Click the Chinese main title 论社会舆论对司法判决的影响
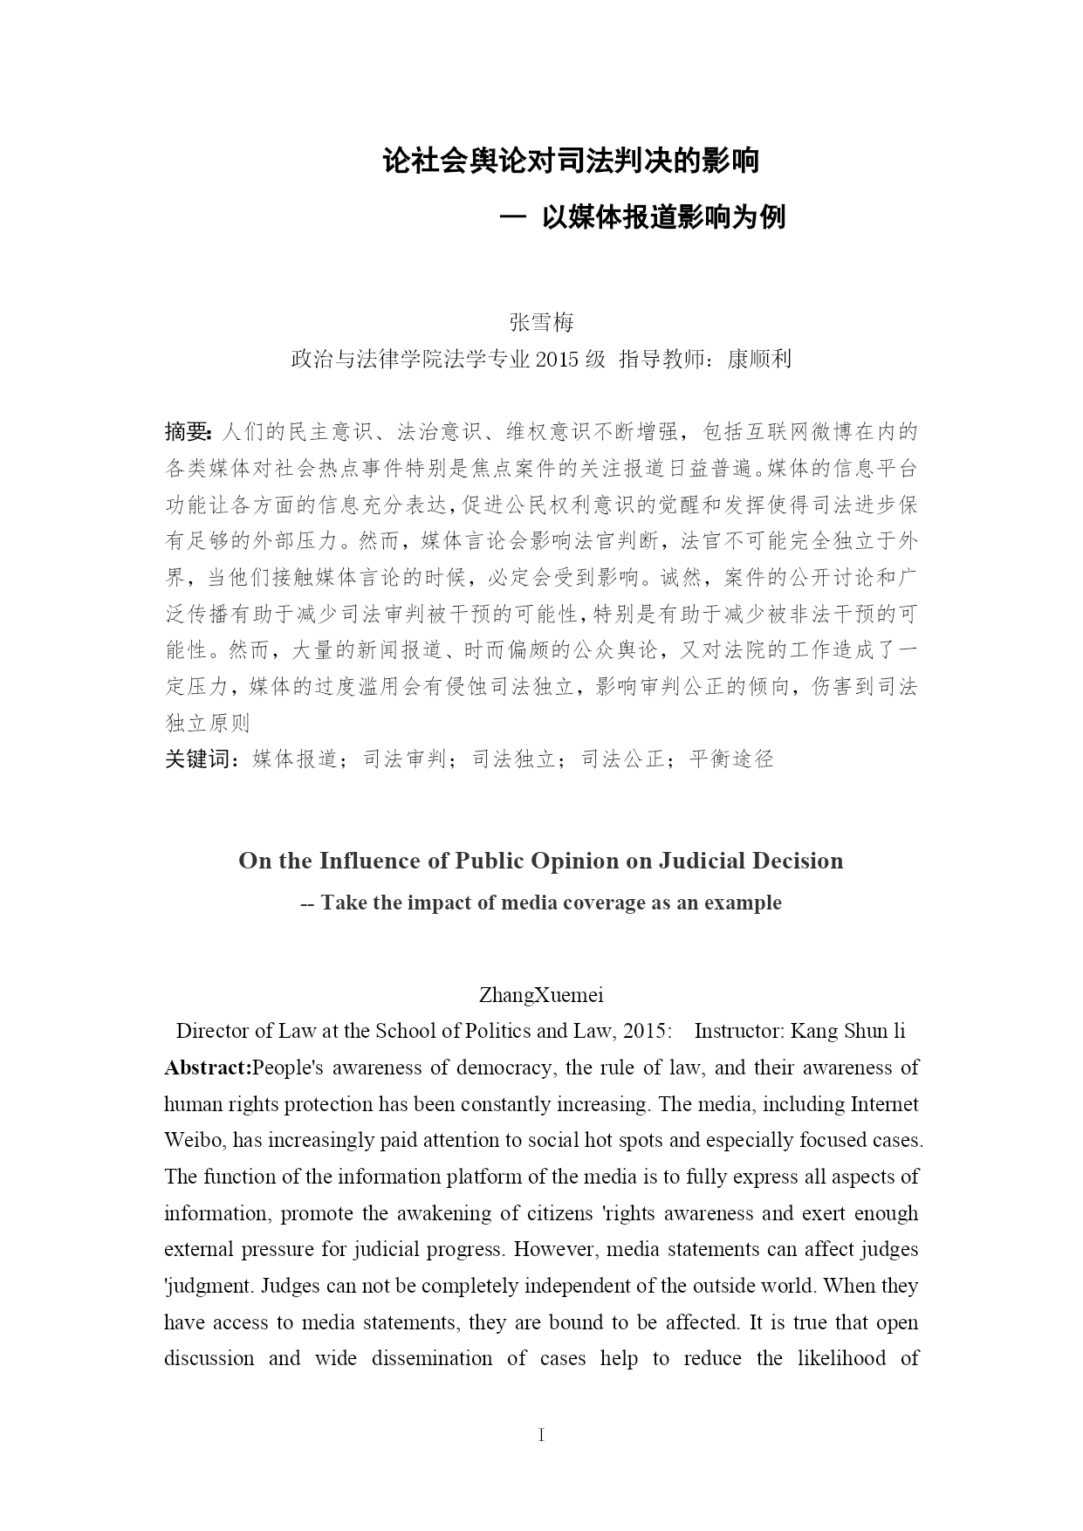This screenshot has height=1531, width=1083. (x=571, y=161)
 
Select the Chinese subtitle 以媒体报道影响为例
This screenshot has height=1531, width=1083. (x=663, y=216)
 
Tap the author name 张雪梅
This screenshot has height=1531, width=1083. (x=541, y=322)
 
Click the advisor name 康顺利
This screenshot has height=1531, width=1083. (x=758, y=359)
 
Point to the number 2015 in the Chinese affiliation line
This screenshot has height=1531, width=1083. (x=558, y=359)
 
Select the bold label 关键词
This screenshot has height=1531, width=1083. (x=198, y=759)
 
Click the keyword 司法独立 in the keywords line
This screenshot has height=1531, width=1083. (x=514, y=759)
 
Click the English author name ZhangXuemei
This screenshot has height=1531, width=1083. (x=541, y=994)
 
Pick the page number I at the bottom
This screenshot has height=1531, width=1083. (x=541, y=1434)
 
